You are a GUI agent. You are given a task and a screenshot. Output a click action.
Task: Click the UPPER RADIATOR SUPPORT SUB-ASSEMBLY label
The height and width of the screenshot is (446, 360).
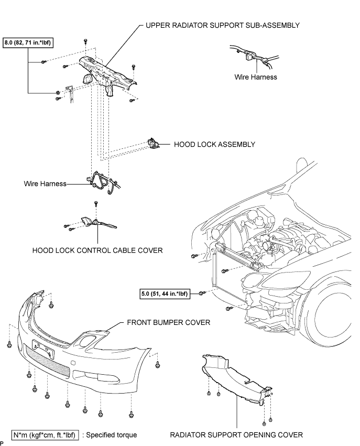222,25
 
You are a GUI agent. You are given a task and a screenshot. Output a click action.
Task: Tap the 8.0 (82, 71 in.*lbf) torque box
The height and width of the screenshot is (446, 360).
28,43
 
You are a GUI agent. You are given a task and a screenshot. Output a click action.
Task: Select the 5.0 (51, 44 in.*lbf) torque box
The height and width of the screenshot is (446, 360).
165,293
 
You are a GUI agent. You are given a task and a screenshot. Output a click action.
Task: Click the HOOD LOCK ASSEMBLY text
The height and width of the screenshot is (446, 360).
214,145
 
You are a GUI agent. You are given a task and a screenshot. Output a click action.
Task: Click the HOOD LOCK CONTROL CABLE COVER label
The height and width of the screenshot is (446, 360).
97,251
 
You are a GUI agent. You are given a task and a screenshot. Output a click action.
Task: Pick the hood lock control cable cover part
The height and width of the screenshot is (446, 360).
98,223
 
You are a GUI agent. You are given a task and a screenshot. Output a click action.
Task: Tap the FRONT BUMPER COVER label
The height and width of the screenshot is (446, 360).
169,322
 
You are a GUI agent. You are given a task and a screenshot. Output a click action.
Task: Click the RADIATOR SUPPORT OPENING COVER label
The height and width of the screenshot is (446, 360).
236,435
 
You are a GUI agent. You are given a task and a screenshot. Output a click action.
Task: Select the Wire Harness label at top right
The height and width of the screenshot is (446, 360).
256,77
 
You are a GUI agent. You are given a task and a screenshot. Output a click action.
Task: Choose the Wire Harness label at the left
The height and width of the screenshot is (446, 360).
45,184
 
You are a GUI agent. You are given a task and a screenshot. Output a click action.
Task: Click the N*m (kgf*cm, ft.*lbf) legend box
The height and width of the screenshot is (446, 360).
45,435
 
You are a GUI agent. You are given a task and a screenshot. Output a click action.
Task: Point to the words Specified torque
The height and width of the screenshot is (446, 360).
111,435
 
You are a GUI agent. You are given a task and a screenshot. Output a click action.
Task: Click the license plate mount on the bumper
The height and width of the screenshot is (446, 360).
43,349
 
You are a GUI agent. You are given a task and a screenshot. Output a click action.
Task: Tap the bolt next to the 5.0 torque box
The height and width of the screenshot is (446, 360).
202,293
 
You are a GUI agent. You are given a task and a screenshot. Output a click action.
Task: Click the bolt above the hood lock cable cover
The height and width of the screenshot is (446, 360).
96,204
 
